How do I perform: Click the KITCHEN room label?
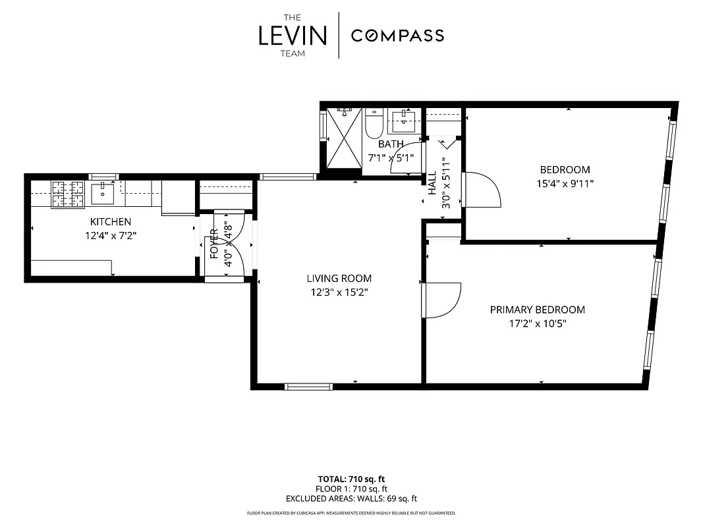(111, 222)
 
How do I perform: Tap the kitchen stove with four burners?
(68, 194)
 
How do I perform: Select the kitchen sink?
(103, 194)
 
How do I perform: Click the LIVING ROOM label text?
(339, 279)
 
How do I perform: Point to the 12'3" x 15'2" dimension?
(339, 292)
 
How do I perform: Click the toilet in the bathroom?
(374, 123)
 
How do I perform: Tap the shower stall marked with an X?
(345, 139)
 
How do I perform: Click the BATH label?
(391, 144)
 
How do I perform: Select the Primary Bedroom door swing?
(441, 300)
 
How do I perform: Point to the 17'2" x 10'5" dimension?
(537, 323)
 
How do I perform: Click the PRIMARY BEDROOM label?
(537, 310)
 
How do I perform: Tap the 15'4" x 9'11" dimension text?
(565, 184)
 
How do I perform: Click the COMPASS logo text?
(397, 36)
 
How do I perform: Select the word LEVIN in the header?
(293, 36)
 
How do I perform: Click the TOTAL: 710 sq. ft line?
(351, 479)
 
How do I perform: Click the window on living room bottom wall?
(308, 386)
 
